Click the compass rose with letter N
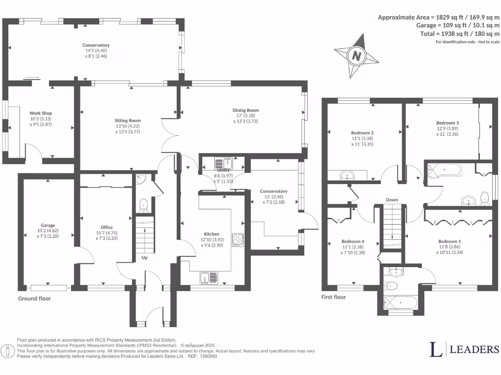pos(356,55)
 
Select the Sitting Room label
pos(128,120)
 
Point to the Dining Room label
pos(246,110)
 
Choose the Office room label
pos(107,227)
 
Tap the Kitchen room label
pos(212,234)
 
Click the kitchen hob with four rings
pos(238,240)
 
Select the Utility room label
pos(223,170)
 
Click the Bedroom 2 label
pos(363,133)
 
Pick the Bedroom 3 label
pos(447,123)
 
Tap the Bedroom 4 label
pos(353,241)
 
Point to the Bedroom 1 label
pos(450,241)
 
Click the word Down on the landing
pos(392,200)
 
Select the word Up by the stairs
pos(144,257)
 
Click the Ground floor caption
pos(34,298)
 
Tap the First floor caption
pos(334,297)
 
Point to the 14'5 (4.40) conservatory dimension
pos(96,51)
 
